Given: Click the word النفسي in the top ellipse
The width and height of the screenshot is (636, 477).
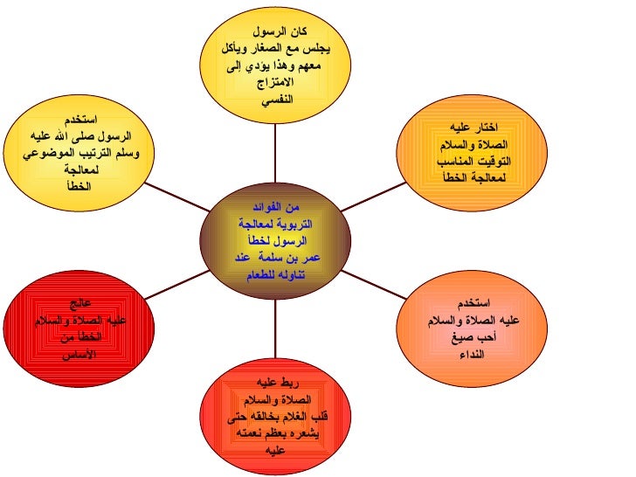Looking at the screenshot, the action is click(x=276, y=99).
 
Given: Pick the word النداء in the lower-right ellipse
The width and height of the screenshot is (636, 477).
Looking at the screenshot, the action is click(x=469, y=355).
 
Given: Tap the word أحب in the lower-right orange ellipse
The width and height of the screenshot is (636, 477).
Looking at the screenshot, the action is click(x=482, y=338).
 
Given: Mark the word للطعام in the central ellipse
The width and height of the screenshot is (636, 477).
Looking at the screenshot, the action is click(x=257, y=274).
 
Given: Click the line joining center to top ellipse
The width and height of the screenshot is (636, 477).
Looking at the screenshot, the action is click(x=275, y=152).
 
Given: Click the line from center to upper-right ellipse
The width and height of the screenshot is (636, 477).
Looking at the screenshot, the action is click(x=371, y=197).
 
